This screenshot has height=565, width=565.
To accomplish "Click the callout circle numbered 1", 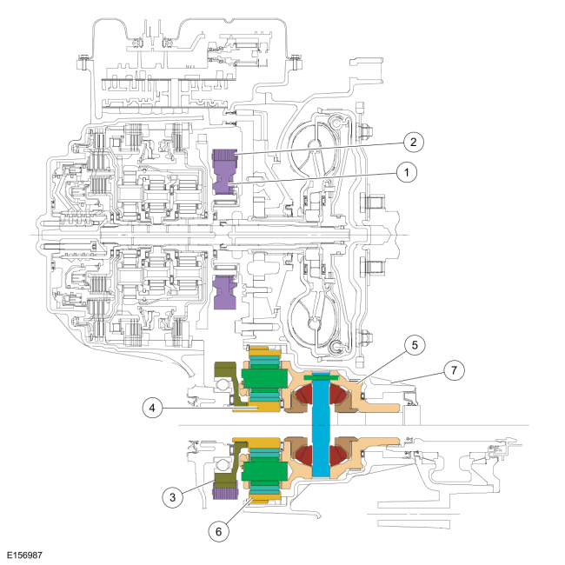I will tap(403, 172).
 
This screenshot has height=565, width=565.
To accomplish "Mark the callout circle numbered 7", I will tap(453, 370).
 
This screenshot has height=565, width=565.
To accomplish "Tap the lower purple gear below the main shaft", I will tap(225, 291).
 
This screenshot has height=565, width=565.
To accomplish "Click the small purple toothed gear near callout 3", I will tap(222, 494).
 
